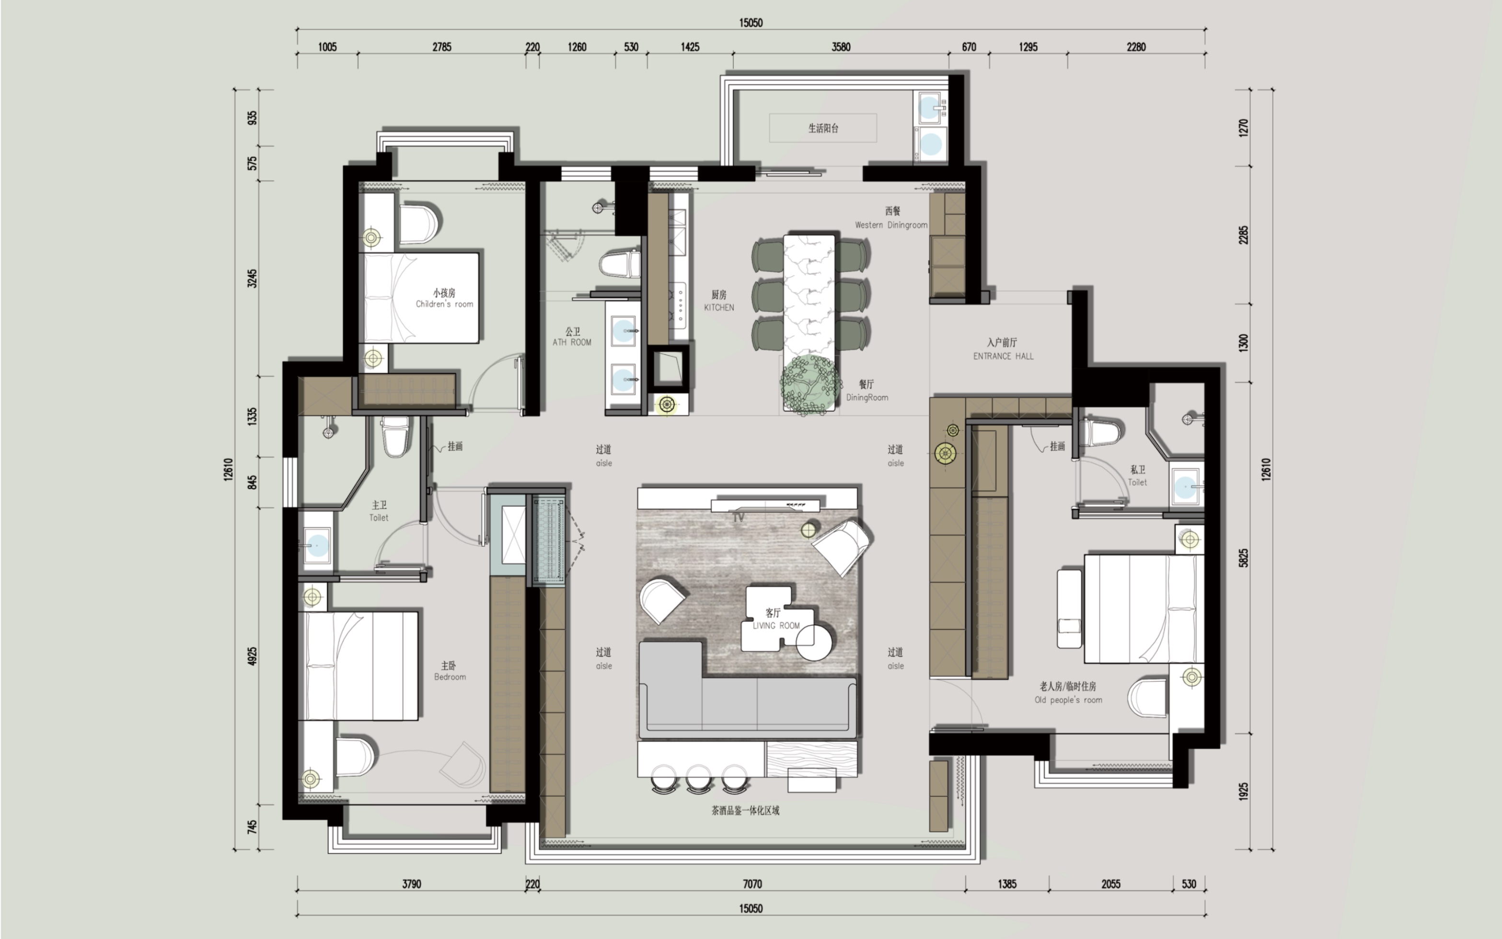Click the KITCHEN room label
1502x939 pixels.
pos(719,308)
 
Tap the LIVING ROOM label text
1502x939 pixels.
pos(776,625)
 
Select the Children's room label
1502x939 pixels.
pos(444,304)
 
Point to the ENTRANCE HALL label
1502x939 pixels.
pos(1003,356)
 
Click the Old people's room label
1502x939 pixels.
pos(1068,700)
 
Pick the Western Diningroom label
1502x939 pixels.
pos(891,225)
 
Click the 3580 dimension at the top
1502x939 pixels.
pos(841,46)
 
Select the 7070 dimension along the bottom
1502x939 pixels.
pos(752,884)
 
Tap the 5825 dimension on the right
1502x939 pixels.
pos(1244,558)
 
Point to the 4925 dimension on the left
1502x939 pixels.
pos(252,656)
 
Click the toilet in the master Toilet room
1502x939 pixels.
pos(396,435)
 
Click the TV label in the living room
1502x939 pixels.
pos(739,517)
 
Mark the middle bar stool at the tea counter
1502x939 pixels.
pos(699,780)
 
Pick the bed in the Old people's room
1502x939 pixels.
pos(1144,608)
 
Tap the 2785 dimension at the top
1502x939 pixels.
pos(442,46)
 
